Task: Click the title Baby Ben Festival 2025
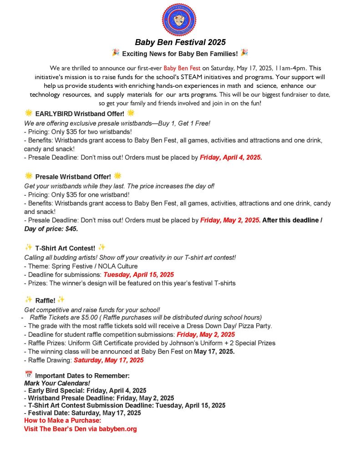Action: pyautogui.click(x=180, y=42)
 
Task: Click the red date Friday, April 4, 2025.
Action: pyautogui.click(x=231, y=158)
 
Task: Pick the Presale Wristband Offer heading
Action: pyautogui.click(x=73, y=176)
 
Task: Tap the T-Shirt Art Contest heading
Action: pyautogui.click(x=65, y=248)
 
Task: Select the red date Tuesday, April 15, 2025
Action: pyautogui.click(x=138, y=274)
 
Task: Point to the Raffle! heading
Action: pyautogui.click(x=45, y=300)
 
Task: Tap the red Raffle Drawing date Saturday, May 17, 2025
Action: pyautogui.click(x=108, y=360)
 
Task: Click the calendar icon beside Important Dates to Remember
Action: pyautogui.click(x=28, y=375)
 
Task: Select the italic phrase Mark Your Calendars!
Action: pyautogui.click(x=57, y=383)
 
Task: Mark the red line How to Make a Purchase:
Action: pyautogui.click(x=62, y=420)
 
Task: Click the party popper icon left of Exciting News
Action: pyautogui.click(x=115, y=53)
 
